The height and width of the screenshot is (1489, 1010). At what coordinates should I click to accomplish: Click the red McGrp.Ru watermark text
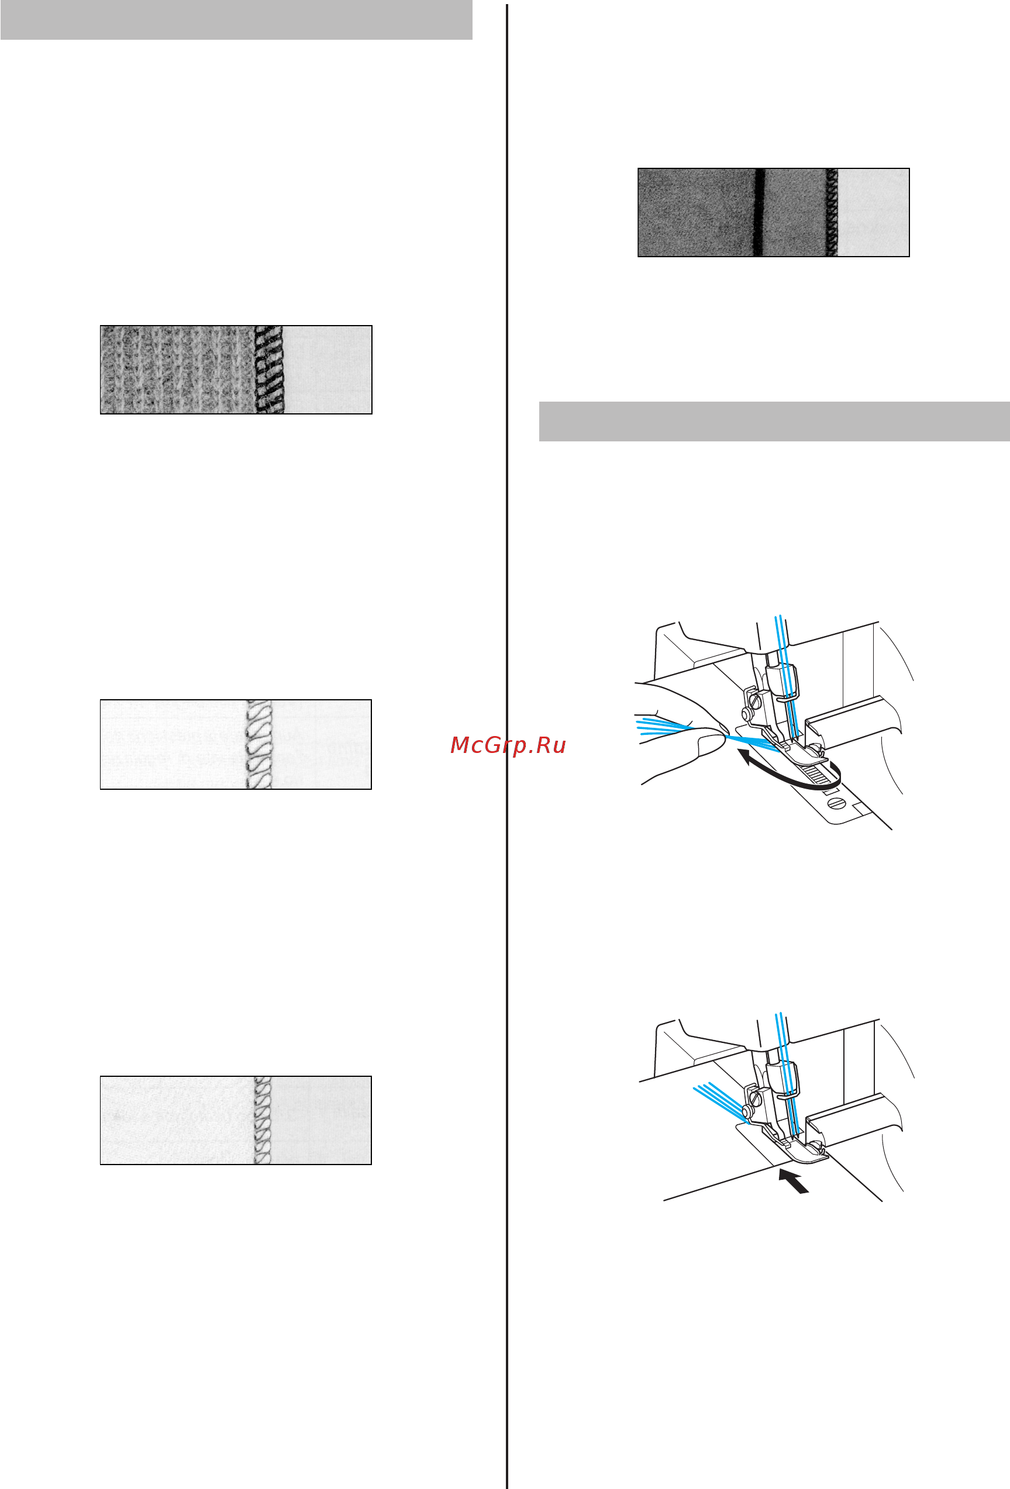[x=508, y=746]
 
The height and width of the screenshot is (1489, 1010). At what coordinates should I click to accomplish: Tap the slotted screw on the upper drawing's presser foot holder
[x=747, y=713]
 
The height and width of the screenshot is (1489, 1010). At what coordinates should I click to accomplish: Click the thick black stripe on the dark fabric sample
[x=759, y=213]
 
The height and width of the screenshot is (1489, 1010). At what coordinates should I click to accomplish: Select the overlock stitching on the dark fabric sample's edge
[x=832, y=213]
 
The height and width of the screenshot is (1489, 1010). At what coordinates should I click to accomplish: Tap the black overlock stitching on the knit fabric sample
[x=269, y=369]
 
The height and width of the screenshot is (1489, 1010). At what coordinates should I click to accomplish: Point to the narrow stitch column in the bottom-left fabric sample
[x=263, y=1121]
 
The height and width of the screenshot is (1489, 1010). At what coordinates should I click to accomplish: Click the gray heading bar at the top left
[x=236, y=20]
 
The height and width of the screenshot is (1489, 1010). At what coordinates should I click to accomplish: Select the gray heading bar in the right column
[x=774, y=422]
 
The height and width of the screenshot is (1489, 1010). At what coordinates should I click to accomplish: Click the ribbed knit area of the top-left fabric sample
[x=178, y=369]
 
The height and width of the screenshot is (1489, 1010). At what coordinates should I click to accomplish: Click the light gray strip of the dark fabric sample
[x=874, y=213]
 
